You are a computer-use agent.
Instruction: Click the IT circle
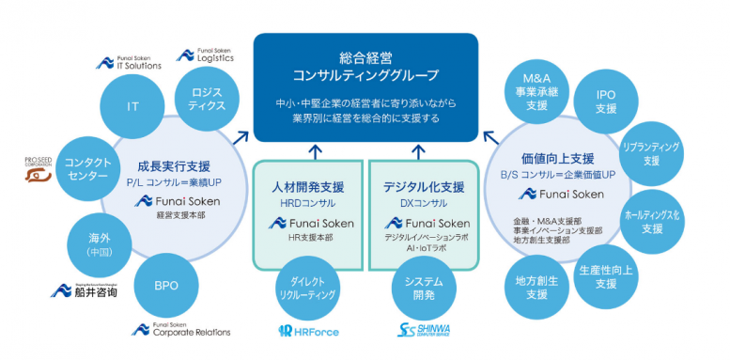132,106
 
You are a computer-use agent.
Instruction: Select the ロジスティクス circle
206,99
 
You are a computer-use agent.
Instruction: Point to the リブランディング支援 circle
651,154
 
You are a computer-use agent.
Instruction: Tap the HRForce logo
309,331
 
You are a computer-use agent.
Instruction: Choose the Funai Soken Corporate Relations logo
180,330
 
